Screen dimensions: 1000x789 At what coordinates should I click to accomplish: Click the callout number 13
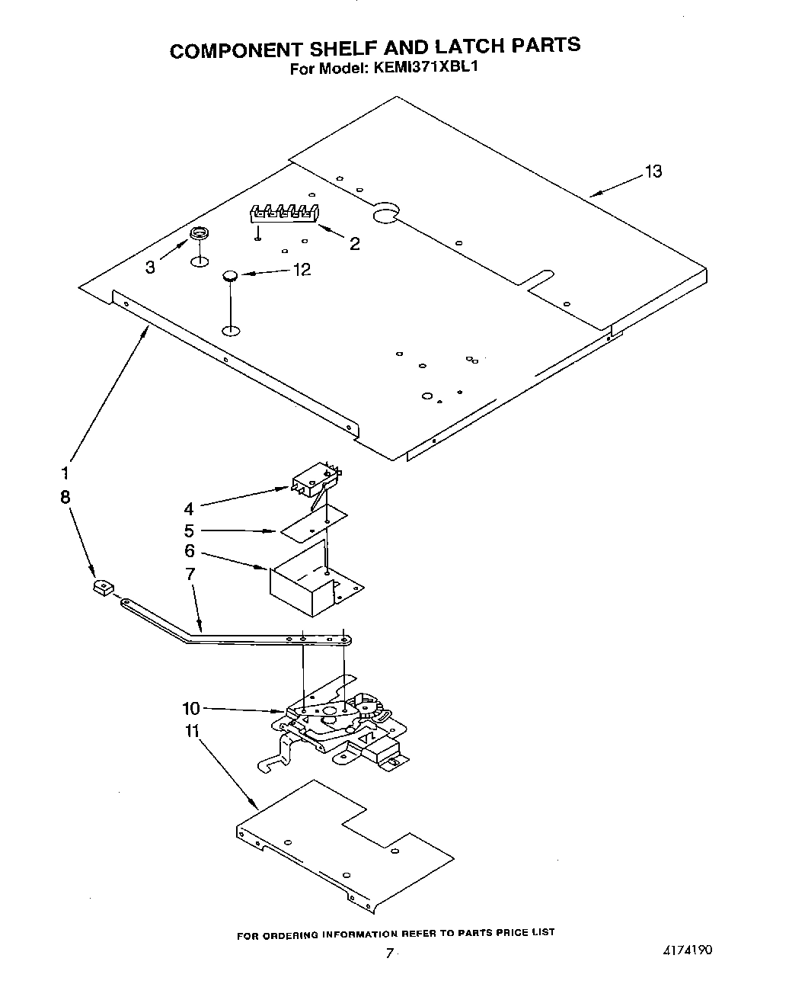[x=653, y=171]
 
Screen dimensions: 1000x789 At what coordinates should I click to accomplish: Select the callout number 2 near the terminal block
[x=354, y=244]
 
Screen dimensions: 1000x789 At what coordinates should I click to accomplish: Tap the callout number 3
[x=150, y=268]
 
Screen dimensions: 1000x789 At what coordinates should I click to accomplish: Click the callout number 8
[x=65, y=497]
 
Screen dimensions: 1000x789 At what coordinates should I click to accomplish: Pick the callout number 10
[x=191, y=709]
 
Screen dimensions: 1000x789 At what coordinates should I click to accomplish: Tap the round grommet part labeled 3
[x=199, y=233]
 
